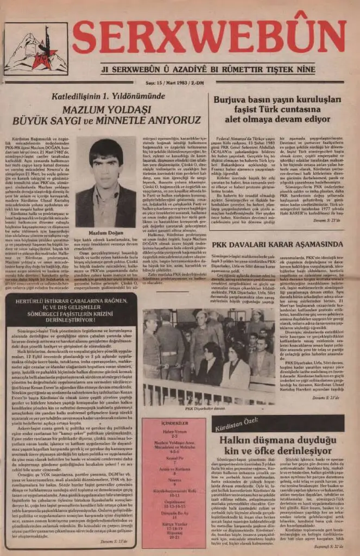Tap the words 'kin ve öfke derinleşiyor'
(x=277, y=451)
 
